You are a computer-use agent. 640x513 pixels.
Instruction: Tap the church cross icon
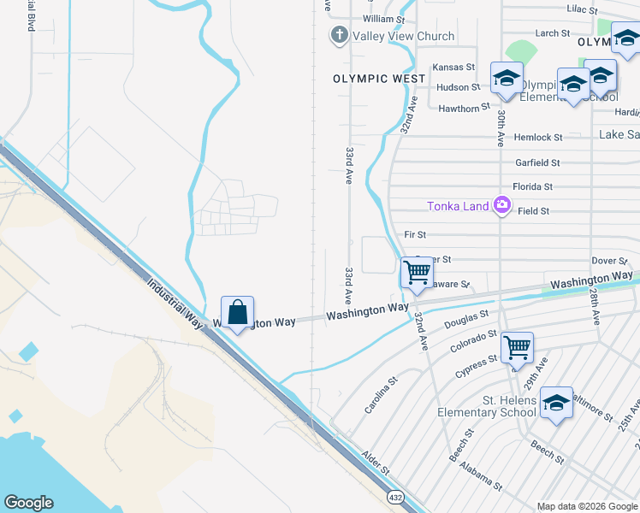[x=339, y=36]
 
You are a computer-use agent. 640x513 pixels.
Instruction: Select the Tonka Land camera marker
[x=501, y=205]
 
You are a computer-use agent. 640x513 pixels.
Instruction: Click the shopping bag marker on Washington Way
[x=237, y=313]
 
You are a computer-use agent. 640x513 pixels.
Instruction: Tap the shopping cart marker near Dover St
[x=417, y=273]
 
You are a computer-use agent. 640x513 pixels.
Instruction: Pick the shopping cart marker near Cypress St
[x=517, y=348]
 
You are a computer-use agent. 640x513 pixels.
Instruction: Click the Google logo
[x=28, y=503]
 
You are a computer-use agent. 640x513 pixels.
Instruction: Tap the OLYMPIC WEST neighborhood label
[x=379, y=79]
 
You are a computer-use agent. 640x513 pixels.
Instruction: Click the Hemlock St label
[x=538, y=137]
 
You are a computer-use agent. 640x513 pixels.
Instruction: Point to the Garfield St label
[x=537, y=162]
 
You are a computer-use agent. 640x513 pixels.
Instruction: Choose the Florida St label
[x=532, y=186]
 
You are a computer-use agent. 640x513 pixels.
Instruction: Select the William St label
[x=383, y=19]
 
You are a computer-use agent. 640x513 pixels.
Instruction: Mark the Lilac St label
[x=585, y=9]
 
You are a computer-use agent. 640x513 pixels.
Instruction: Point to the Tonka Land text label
[x=459, y=205]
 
